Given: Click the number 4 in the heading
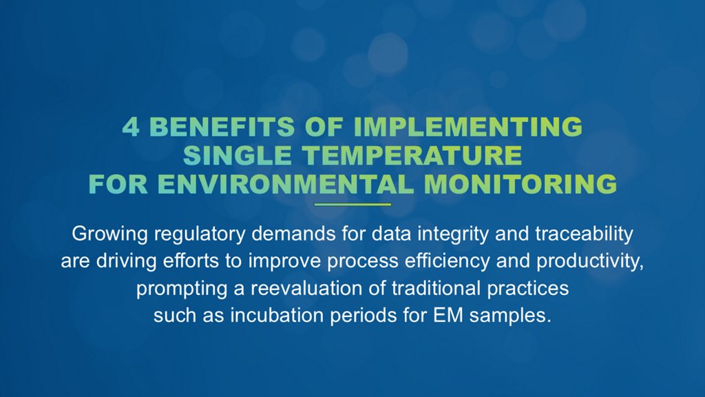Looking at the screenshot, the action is coord(130,127).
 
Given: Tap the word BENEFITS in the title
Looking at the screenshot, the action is coord(222,127).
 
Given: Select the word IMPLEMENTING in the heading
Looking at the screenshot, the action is coord(468,127).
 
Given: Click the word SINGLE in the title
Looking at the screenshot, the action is coord(238,155).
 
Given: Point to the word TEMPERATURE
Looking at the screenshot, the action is coord(412,155).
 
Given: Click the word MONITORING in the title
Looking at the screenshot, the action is coord(520,184).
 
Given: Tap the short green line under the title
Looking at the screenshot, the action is coord(352,204).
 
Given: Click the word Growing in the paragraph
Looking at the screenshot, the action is coord(109,234).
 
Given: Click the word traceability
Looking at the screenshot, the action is coord(584,234).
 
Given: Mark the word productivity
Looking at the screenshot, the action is coord(590,261).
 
